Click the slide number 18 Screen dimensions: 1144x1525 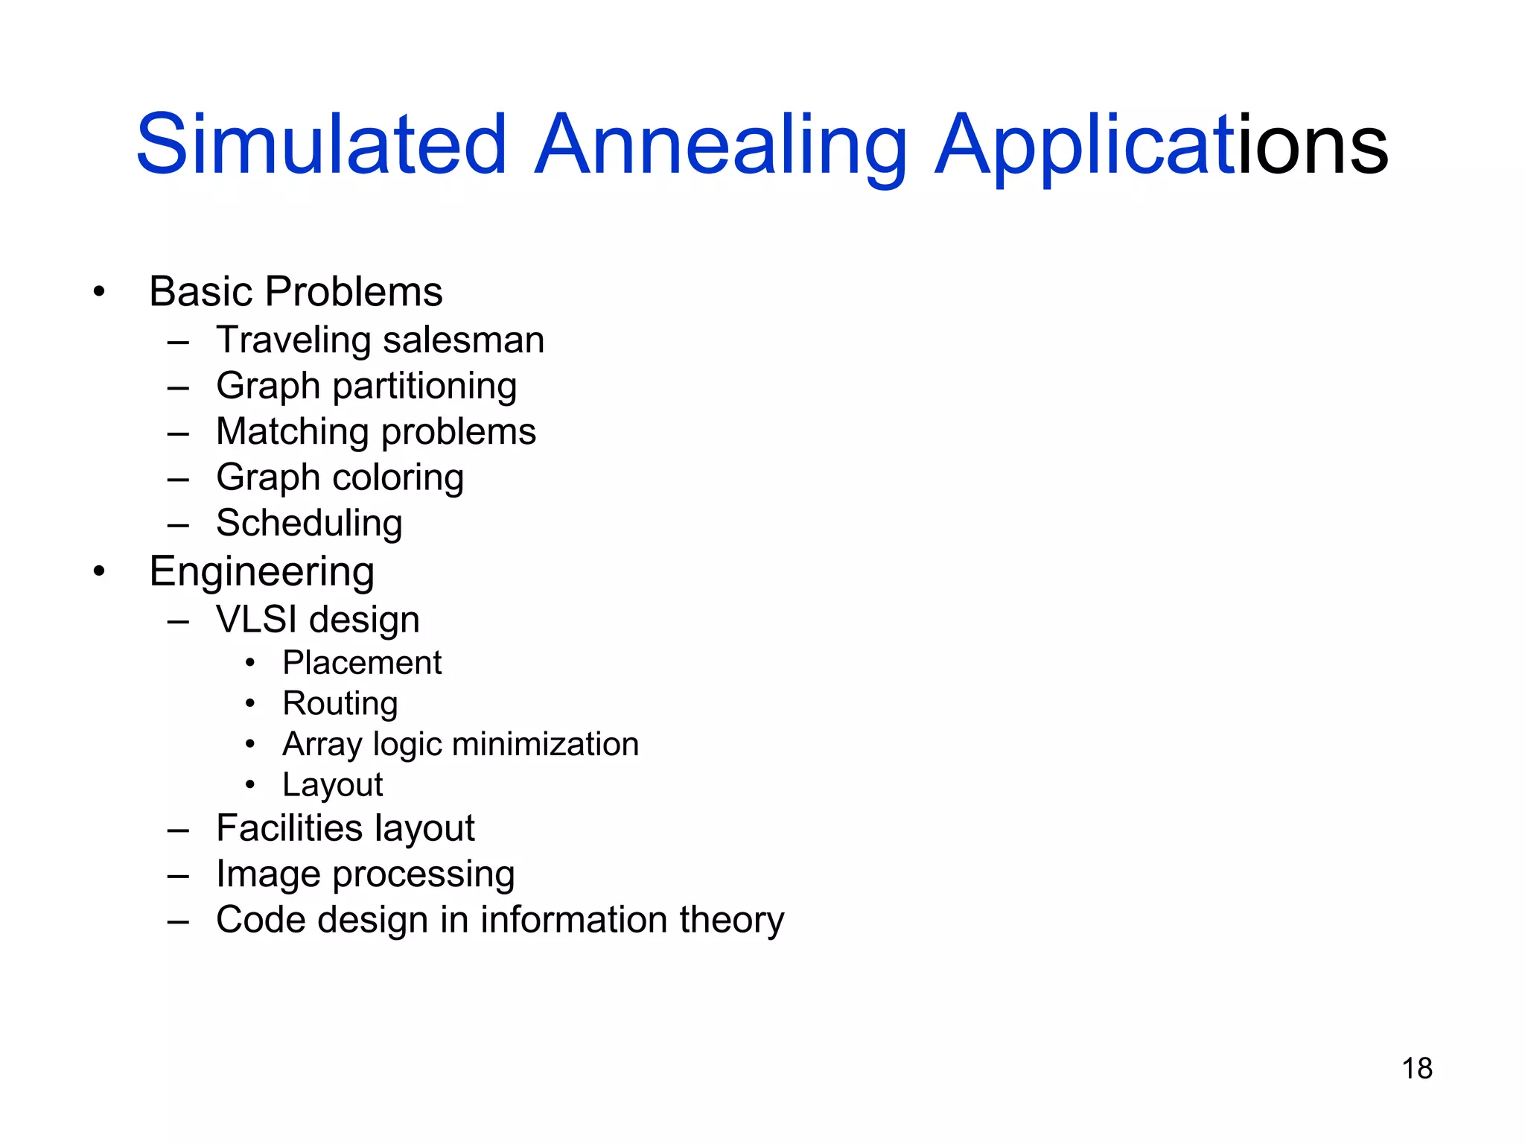tap(1416, 1068)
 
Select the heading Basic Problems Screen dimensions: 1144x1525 tap(296, 291)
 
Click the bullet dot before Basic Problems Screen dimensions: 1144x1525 tap(99, 292)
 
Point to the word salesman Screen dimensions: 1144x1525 tap(463, 340)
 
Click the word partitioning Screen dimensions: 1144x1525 tap(424, 387)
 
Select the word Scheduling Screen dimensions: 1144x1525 tap(309, 523)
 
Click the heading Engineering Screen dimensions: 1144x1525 tap(261, 571)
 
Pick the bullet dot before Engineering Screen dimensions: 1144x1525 tap(99, 572)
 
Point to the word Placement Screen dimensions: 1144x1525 tap(362, 663)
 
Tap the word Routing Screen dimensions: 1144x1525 tap(340, 704)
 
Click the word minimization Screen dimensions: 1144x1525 tap(545, 744)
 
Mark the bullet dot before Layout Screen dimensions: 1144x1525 tap(251, 784)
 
